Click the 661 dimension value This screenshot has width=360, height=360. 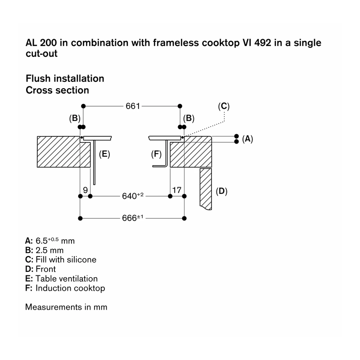[133, 106]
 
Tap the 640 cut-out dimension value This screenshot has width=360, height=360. [132, 196]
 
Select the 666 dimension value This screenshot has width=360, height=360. [132, 218]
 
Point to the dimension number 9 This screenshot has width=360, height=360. [85, 190]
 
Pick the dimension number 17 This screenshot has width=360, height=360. [177, 190]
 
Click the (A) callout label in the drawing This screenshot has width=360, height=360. [247, 139]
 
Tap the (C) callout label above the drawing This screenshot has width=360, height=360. [224, 106]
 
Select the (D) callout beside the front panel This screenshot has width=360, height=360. [221, 191]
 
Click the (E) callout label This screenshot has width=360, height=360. [104, 154]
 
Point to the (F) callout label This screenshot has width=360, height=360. [156, 154]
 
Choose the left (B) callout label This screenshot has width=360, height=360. [75, 118]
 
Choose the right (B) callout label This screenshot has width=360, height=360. [189, 118]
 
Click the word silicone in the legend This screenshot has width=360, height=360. [81, 260]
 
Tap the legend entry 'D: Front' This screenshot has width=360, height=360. [40, 269]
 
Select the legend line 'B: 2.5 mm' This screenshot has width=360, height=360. [44, 250]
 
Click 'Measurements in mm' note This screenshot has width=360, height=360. [66, 307]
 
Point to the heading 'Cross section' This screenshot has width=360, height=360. [58, 90]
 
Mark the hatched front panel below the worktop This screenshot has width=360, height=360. [206, 189]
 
